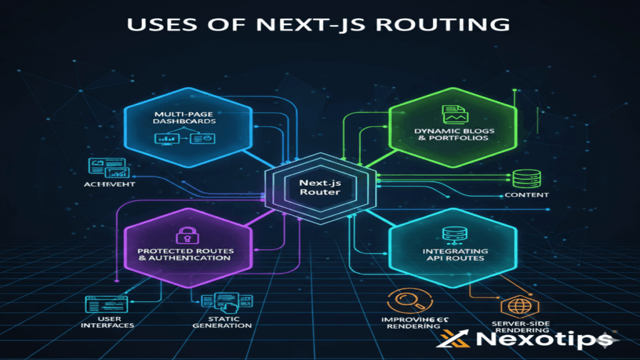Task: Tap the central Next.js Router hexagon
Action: click(319, 186)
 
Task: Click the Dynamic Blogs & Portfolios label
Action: click(451, 134)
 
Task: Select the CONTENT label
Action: click(526, 195)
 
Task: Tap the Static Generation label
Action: click(214, 321)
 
